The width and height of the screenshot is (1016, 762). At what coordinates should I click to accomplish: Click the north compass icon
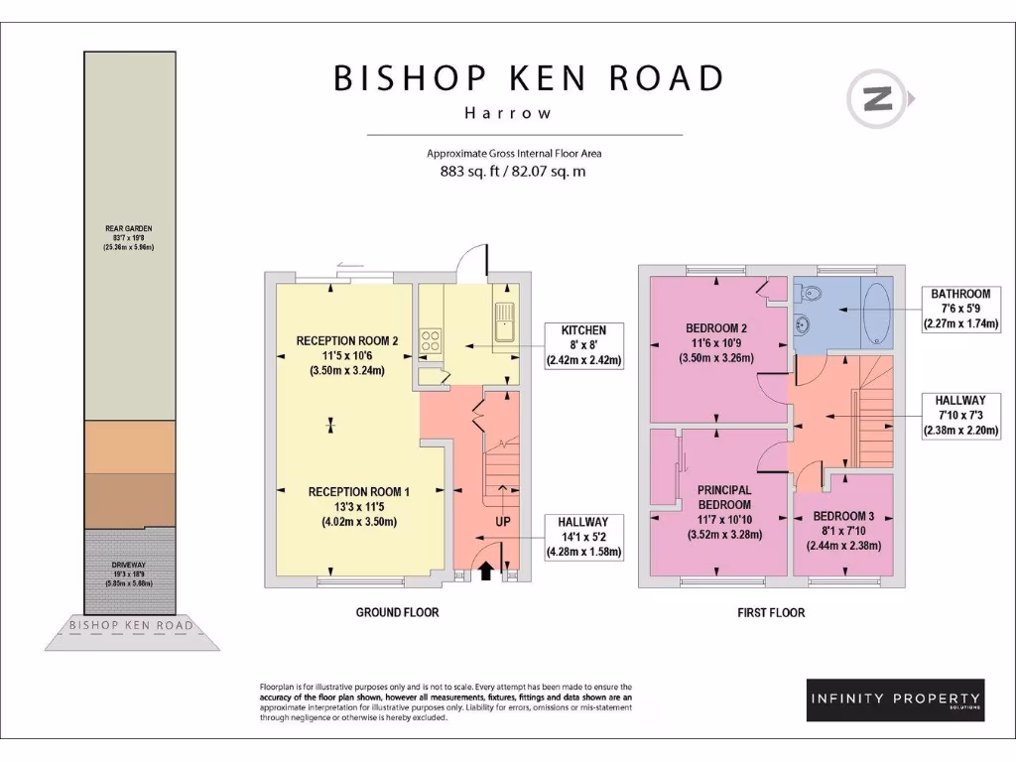pyautogui.click(x=877, y=98)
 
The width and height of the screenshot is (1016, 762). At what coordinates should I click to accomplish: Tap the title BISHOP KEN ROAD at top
pyautogui.click(x=528, y=77)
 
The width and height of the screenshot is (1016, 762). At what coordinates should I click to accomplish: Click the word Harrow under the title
pyautogui.click(x=508, y=112)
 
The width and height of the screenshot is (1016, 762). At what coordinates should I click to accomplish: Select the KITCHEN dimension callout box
pyautogui.click(x=583, y=345)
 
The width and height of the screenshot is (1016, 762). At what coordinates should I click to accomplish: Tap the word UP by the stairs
pyautogui.click(x=502, y=521)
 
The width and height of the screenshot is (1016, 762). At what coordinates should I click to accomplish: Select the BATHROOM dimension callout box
pyautogui.click(x=959, y=309)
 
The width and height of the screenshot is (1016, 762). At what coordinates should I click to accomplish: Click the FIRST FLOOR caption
pyautogui.click(x=771, y=612)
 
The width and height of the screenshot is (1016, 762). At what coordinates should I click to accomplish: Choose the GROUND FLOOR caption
pyautogui.click(x=397, y=612)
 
